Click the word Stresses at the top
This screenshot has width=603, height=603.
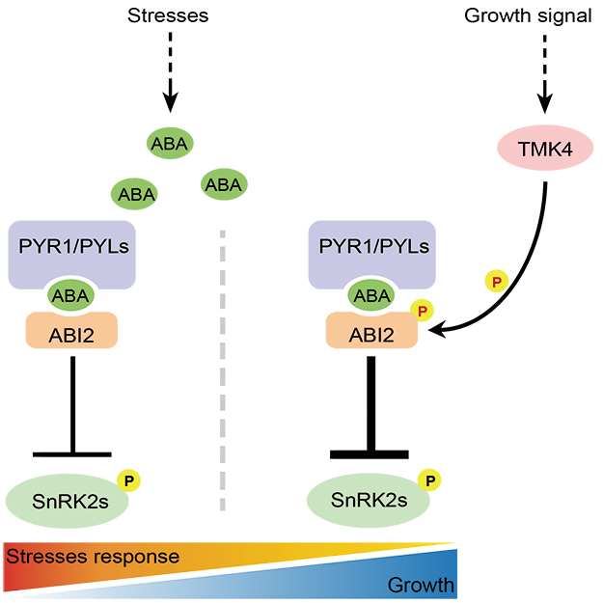click(x=170, y=16)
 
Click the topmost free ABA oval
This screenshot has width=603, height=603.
click(x=170, y=144)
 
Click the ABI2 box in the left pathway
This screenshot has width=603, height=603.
click(x=71, y=332)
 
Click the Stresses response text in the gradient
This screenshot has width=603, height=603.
click(x=93, y=557)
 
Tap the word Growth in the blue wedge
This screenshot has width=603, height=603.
click(x=420, y=585)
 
